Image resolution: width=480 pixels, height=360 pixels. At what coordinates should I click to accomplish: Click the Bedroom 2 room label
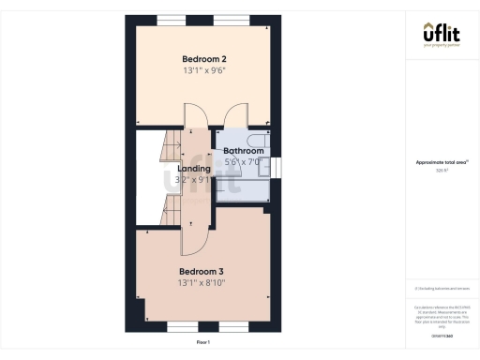203,59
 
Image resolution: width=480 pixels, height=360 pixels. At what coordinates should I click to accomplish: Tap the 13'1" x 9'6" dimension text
203,70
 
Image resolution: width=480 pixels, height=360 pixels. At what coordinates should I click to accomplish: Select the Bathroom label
243,151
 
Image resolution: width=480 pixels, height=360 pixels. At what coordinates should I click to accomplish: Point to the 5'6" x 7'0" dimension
243,162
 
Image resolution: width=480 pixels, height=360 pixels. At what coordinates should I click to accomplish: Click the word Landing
194,169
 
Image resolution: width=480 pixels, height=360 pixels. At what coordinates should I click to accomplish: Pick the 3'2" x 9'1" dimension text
194,180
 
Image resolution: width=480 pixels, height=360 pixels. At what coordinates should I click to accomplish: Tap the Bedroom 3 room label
203,271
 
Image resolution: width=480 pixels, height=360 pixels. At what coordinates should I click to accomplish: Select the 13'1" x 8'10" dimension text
203,282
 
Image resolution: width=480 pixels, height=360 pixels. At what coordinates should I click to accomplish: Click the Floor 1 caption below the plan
203,343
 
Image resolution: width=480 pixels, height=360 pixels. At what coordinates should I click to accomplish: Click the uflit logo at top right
440,35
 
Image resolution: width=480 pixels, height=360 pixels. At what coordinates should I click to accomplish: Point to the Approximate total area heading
441,162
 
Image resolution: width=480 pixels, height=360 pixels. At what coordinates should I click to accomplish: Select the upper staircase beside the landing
166,146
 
